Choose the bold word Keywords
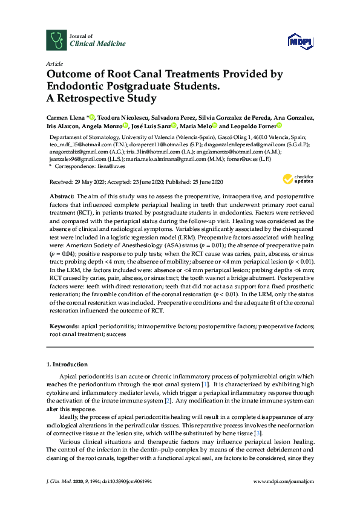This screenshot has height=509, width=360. pos(64,326)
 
